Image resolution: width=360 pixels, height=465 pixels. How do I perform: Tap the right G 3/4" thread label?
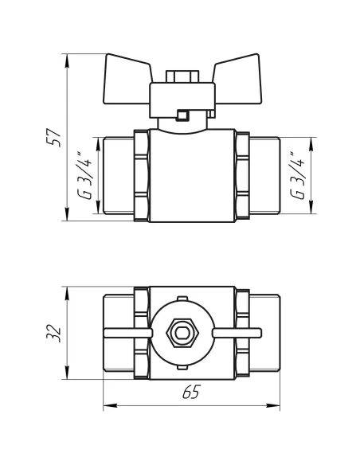[x=297, y=176]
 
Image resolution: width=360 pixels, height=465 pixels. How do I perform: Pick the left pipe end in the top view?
[x=118, y=333]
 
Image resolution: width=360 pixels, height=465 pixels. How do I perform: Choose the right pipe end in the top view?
[x=264, y=333]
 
